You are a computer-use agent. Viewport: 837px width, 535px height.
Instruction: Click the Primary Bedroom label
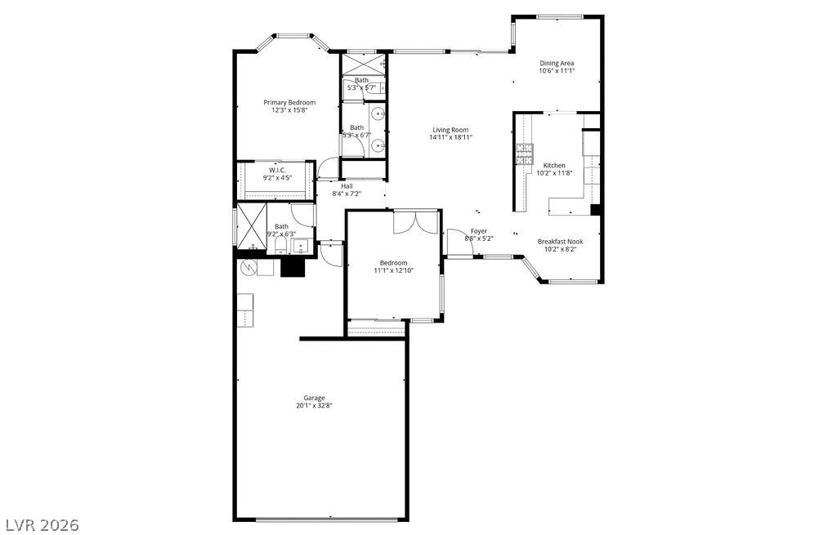tap(289, 102)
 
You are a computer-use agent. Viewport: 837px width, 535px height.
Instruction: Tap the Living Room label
tap(450, 130)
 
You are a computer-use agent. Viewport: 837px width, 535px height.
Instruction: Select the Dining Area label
tap(557, 63)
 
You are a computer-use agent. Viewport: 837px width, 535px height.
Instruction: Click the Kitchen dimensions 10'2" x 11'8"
tap(554, 173)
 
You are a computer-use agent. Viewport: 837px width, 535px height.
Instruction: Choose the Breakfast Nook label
tap(560, 241)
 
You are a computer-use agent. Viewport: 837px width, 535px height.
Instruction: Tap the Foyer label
tap(478, 231)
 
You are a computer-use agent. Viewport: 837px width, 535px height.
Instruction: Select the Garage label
tap(314, 398)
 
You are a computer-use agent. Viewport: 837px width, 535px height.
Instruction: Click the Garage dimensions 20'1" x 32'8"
tap(314, 406)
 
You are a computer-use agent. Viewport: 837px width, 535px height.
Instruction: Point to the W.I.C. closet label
tap(276, 170)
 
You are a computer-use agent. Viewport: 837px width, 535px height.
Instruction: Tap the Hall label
tap(347, 185)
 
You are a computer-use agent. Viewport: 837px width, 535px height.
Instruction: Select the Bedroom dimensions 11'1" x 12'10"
tap(393, 270)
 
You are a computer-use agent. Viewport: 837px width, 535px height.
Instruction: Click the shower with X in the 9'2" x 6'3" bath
tap(252, 223)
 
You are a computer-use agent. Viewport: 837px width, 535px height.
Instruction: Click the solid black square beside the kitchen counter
tap(596, 209)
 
